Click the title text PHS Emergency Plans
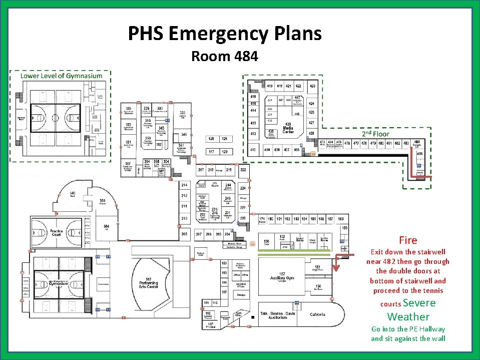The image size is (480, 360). [225, 34]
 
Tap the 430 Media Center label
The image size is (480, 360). [288, 128]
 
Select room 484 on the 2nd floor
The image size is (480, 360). [417, 143]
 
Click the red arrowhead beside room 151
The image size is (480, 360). [336, 267]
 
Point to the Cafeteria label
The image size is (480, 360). [317, 314]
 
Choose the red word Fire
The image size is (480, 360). [408, 240]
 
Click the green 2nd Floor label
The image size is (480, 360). [375, 134]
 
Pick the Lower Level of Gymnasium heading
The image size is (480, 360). [61, 76]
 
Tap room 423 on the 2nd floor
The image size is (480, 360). [312, 86]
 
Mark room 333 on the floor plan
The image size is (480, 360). [183, 114]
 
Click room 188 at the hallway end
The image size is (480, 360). [341, 219]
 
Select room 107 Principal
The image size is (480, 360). [210, 325]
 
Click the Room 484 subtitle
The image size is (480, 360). [224, 57]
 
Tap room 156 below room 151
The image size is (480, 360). [318, 287]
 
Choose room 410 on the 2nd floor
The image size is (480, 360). [253, 150]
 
